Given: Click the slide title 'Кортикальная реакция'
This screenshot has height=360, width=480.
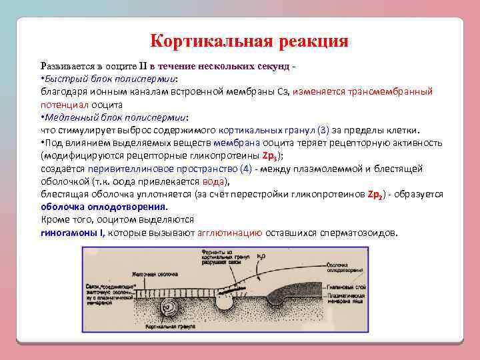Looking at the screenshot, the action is pos(249,41).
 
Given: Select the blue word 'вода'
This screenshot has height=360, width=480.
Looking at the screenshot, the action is pos(214,181).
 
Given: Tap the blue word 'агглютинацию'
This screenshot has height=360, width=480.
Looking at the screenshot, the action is pos(229,233).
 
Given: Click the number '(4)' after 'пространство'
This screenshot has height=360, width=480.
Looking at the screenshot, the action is pos(244,169).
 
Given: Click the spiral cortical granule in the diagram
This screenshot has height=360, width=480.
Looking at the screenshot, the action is pos(173,308).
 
